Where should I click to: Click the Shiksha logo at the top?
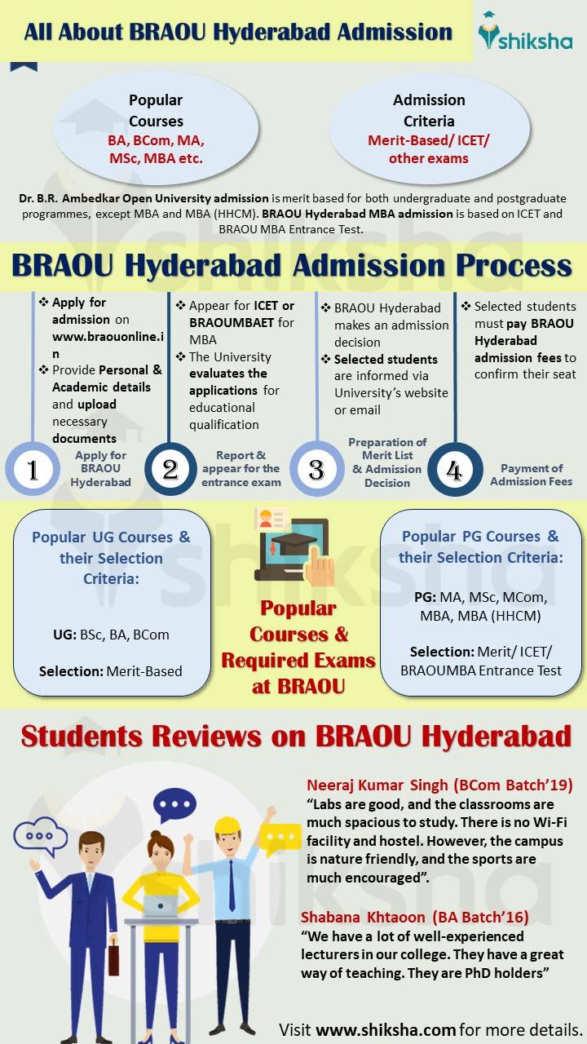click(525, 32)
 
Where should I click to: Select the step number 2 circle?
click(170, 470)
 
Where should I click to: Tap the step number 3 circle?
click(316, 470)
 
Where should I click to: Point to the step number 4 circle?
click(453, 470)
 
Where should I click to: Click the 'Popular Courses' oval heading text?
click(156, 111)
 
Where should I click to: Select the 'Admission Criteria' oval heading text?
click(429, 111)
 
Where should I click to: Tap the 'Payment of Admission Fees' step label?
click(531, 475)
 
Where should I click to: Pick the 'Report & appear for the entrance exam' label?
click(241, 469)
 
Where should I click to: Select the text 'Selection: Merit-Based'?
click(111, 671)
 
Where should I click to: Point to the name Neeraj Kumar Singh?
click(377, 785)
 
